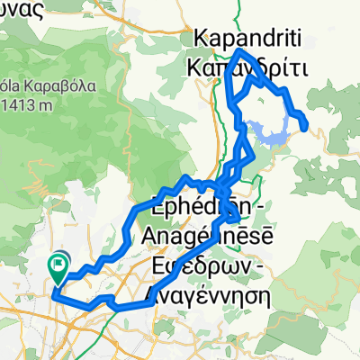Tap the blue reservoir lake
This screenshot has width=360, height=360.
(270, 133)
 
